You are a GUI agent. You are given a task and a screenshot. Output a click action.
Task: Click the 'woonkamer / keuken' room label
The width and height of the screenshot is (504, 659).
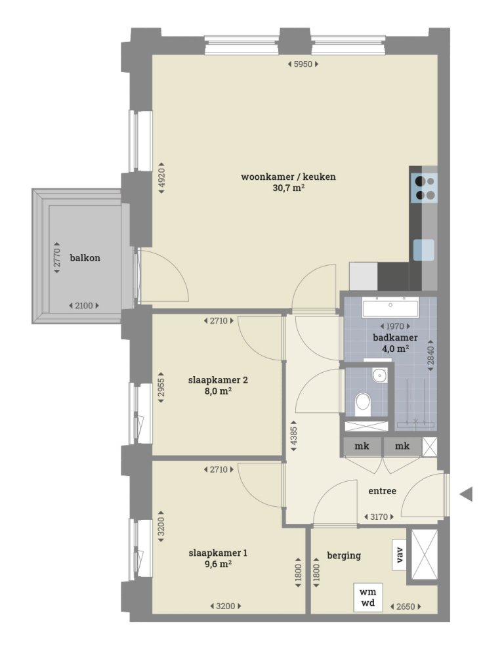coord(279,177)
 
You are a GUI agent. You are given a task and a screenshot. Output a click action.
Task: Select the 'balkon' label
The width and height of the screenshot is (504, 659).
coord(85,257)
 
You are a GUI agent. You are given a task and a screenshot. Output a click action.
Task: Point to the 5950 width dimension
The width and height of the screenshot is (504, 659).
coord(304,64)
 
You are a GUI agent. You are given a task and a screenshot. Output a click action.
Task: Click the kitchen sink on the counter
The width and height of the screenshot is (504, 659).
coord(423,250)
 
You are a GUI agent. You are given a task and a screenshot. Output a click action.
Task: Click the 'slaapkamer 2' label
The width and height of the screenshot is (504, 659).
coord(209,379)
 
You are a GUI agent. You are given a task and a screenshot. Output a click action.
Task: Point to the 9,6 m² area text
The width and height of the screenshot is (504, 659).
coord(209,563)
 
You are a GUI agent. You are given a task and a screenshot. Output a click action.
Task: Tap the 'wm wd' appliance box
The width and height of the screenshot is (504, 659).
coord(367,597)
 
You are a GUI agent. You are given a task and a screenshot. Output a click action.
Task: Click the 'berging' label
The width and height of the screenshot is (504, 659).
coord(344,555)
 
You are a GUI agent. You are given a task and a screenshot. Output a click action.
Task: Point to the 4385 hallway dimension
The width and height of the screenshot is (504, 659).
coord(294,436)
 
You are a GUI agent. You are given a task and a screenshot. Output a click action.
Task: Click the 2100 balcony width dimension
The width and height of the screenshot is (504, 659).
coord(85,305)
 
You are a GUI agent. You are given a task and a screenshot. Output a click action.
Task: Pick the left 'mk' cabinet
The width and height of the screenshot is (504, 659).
coord(362,446)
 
